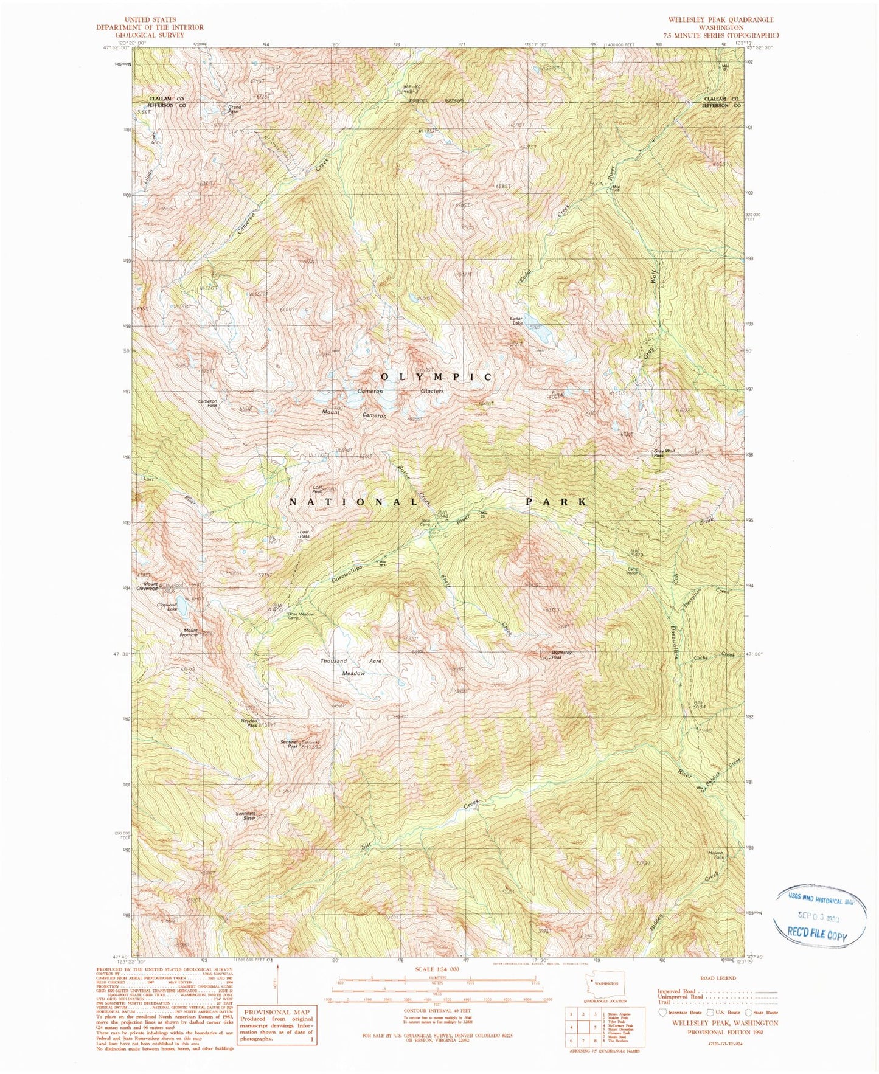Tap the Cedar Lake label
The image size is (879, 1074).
click(517, 321)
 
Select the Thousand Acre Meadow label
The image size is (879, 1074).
click(352, 667)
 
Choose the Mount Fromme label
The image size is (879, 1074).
click(190, 632)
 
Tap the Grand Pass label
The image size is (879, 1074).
click(234, 109)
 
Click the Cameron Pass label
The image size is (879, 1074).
click(208, 403)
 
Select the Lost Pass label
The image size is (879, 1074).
click(305, 534)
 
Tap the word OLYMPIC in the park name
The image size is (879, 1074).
click(437, 377)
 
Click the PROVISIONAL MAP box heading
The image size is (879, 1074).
click(277, 1012)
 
